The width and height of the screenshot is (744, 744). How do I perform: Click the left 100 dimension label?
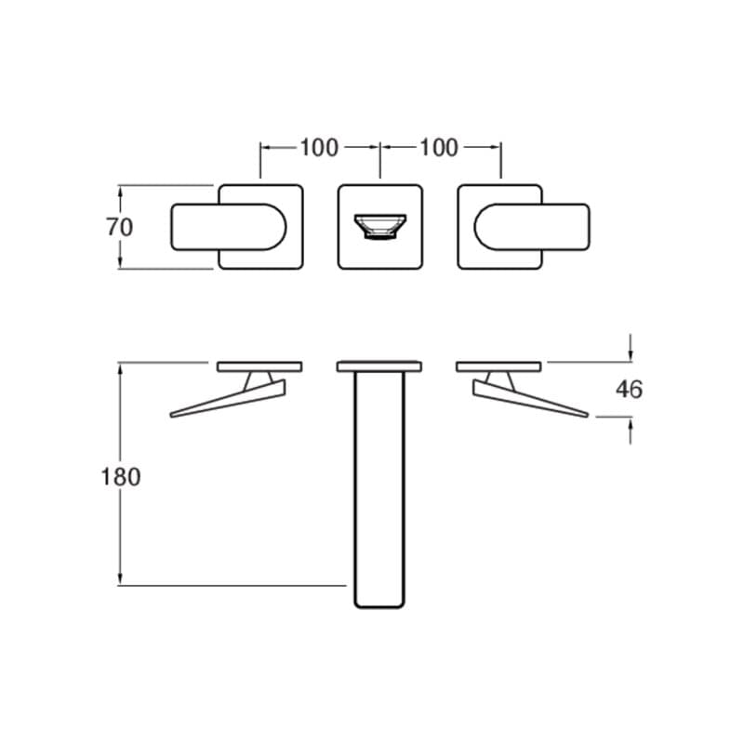tap(319, 148)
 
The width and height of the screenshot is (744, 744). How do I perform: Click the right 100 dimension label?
tap(439, 148)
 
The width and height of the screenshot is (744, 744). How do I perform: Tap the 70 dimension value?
tap(120, 227)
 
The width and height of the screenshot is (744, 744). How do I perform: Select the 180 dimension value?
tap(121, 477)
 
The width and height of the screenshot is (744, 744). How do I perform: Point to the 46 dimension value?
tap(630, 390)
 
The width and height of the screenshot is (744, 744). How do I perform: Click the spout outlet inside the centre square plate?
tap(380, 226)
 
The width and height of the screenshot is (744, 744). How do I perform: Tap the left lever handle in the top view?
tap(228, 227)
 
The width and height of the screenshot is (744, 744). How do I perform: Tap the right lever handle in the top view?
tap(532, 227)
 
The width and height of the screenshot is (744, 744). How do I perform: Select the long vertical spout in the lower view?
tap(379, 489)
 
